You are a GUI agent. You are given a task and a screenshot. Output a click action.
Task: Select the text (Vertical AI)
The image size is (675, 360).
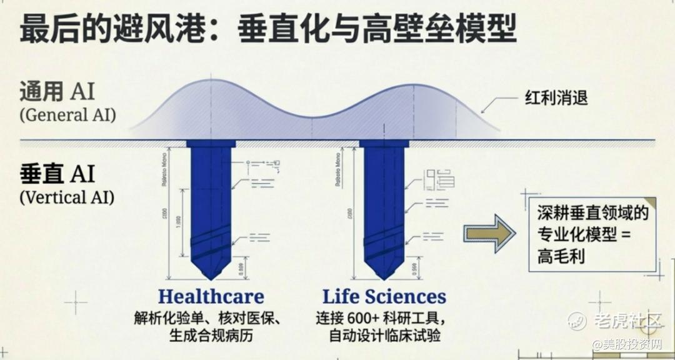67,197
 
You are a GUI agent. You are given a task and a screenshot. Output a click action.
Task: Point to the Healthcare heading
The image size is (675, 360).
211,296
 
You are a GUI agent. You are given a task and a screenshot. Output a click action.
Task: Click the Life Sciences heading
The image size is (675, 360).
384,296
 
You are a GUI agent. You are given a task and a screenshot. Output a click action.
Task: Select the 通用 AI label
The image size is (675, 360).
57,92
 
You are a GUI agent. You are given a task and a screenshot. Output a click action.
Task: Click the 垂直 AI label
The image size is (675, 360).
57,173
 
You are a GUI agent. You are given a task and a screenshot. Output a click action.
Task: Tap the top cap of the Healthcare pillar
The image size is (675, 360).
211,144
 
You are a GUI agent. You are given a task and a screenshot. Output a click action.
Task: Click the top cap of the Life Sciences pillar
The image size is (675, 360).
384,144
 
